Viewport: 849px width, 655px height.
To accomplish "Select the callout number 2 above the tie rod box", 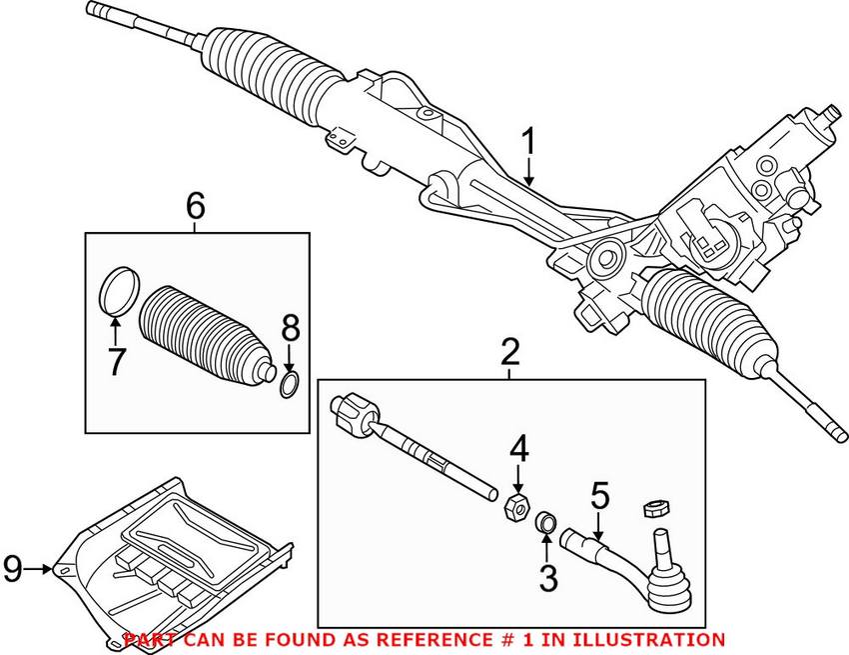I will point(510,352).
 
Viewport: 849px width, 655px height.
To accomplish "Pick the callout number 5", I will point(599,495).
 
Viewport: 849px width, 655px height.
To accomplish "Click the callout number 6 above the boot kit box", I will point(195,206).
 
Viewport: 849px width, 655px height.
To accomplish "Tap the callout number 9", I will point(12,570).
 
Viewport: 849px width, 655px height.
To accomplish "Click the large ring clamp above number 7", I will point(117,288).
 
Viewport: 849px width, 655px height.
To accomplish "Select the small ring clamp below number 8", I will point(289,384).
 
